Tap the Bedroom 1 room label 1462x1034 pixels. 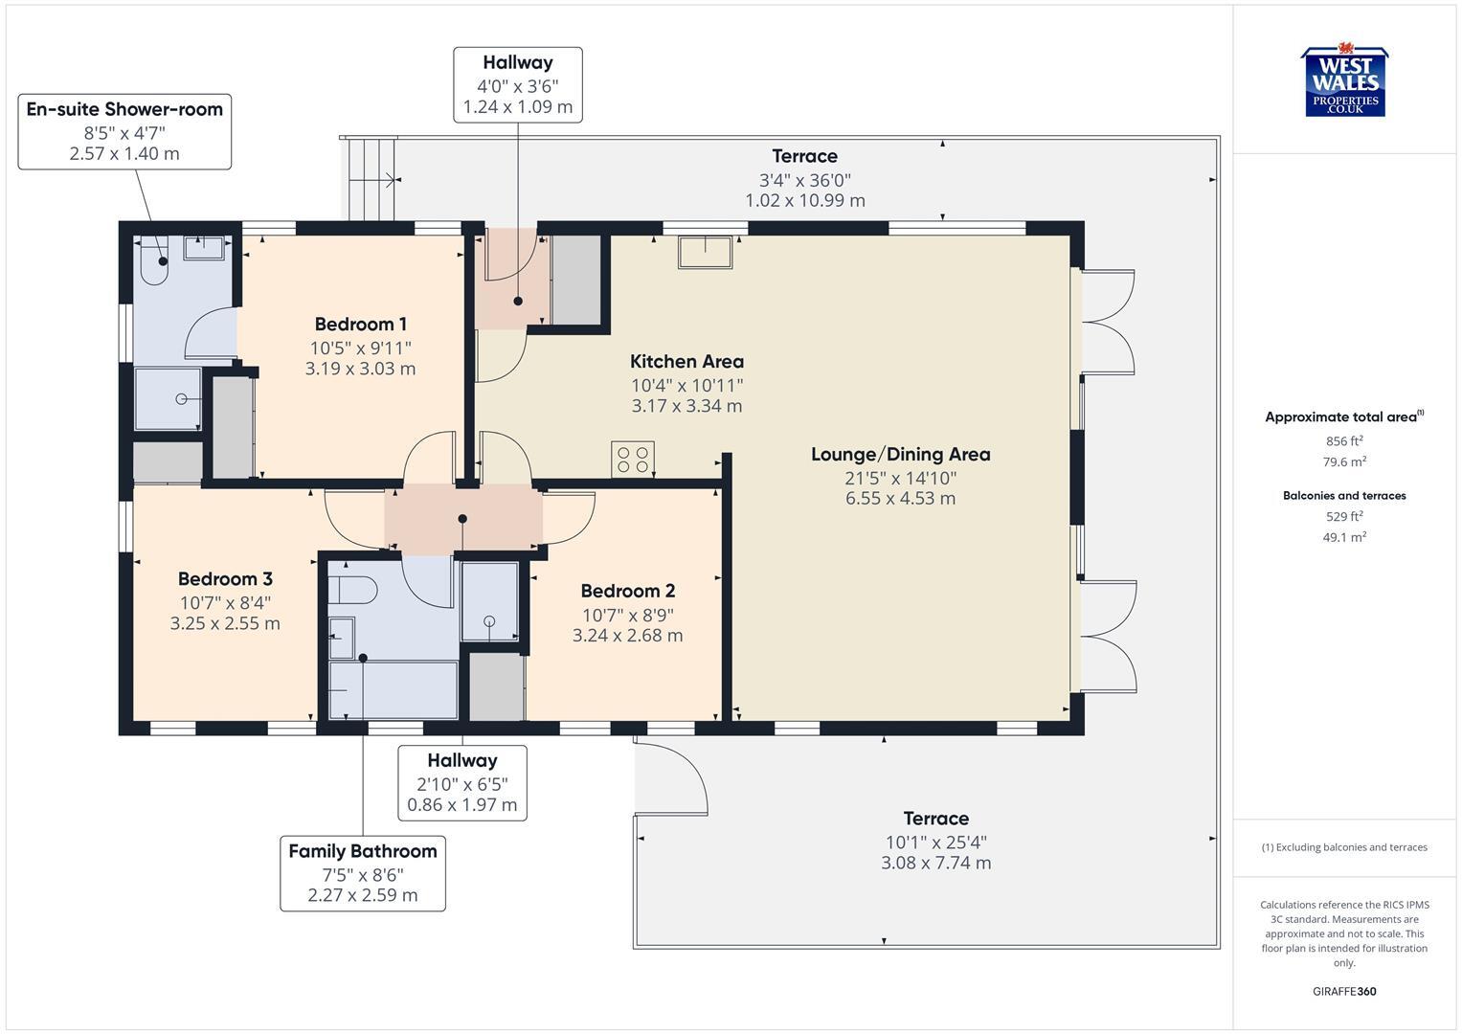pos(360,324)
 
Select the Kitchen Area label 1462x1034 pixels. pos(686,361)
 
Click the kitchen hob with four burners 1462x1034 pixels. pos(633,459)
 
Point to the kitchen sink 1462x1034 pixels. pos(706,252)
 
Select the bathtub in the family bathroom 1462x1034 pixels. pos(393,689)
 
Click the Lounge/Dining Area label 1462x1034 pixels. pos(900,454)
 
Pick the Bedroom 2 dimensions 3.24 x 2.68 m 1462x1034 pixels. pos(627,636)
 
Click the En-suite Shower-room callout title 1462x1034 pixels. pos(124,109)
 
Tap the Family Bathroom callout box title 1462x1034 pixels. pos(362,851)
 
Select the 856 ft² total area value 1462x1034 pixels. pos(1344,441)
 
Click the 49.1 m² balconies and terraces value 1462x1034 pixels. pos(1344,537)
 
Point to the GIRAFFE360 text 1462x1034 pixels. pos(1344,991)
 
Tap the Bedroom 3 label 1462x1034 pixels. pos(225,579)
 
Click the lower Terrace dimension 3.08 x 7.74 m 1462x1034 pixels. pos(935,863)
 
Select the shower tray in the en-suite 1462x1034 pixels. pos(168,398)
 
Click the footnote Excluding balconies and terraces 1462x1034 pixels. pos(1344,847)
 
